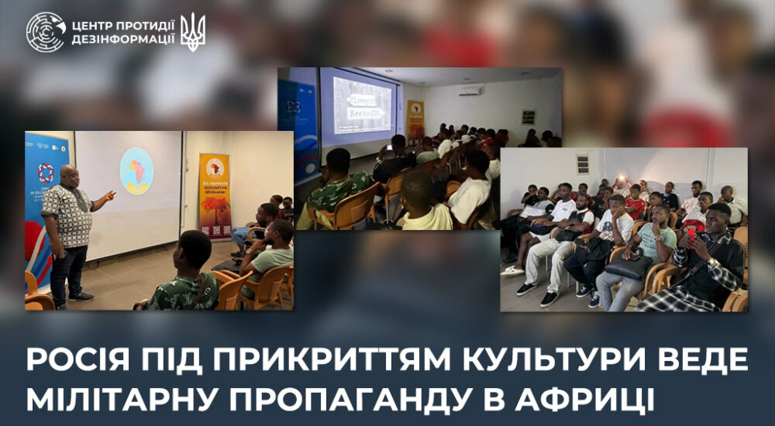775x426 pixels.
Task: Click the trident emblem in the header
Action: tap(193, 31)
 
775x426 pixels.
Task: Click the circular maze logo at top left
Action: tap(46, 32)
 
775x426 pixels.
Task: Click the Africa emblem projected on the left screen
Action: tap(136, 170)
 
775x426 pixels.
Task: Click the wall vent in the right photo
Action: tap(583, 164)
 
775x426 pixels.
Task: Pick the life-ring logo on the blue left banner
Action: tap(46, 172)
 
